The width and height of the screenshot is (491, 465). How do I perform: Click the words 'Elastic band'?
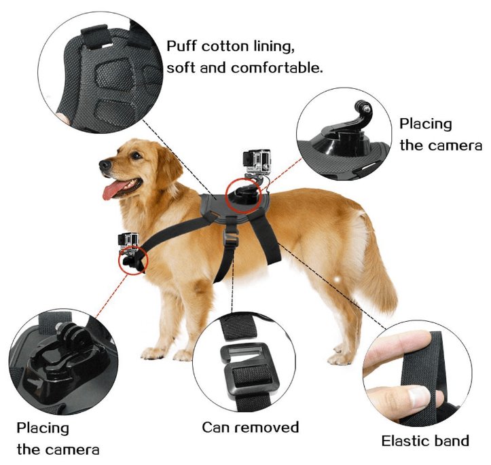(x=424, y=441)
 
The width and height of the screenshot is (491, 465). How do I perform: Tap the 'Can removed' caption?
(x=250, y=427)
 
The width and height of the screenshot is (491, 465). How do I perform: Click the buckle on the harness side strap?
(x=232, y=238)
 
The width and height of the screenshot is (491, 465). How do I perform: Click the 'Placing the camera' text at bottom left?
(x=58, y=438)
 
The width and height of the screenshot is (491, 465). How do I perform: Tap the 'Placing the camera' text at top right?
(x=439, y=134)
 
